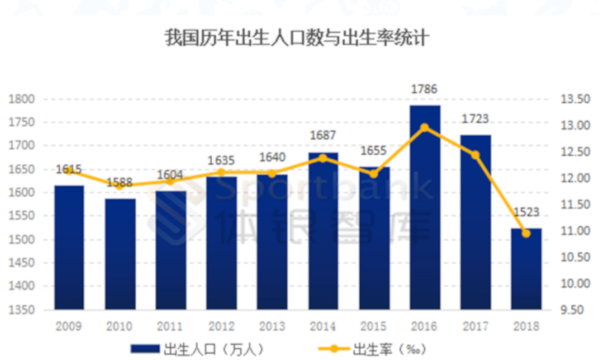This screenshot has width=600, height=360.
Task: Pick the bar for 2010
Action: click(x=121, y=254)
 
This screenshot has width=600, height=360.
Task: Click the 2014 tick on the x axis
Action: click(x=323, y=325)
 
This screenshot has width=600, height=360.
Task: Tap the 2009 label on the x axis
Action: click(x=68, y=325)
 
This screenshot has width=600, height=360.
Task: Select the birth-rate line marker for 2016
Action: click(x=424, y=127)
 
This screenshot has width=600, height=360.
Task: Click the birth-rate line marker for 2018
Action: click(x=526, y=233)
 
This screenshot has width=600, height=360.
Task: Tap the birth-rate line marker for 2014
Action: click(x=323, y=158)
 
